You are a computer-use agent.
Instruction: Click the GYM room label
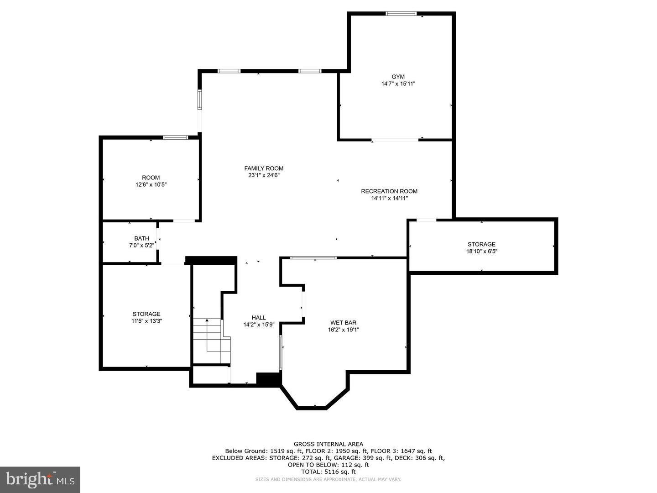[398, 77]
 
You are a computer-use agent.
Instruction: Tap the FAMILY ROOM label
[264, 168]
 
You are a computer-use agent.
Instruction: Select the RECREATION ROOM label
[389, 191]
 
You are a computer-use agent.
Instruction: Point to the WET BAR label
[344, 323]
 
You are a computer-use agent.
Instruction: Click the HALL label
[259, 318]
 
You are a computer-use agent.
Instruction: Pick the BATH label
[141, 238]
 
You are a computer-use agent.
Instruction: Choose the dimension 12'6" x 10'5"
[151, 185]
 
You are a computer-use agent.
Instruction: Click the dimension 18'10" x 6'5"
[481, 251]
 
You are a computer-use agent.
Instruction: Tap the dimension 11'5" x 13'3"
[146, 321]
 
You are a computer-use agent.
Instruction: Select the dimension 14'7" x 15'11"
[398, 84]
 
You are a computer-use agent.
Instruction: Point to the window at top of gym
[401, 14]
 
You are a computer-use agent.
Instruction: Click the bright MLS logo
[40, 479]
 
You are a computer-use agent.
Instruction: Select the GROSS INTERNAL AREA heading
[328, 444]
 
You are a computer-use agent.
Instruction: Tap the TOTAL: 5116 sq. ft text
[328, 472]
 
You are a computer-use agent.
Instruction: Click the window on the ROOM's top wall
[176, 137]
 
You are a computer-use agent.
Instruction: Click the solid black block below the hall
[268, 380]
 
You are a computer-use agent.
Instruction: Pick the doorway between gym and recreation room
[395, 140]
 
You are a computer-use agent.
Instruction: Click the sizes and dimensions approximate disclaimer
[328, 479]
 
